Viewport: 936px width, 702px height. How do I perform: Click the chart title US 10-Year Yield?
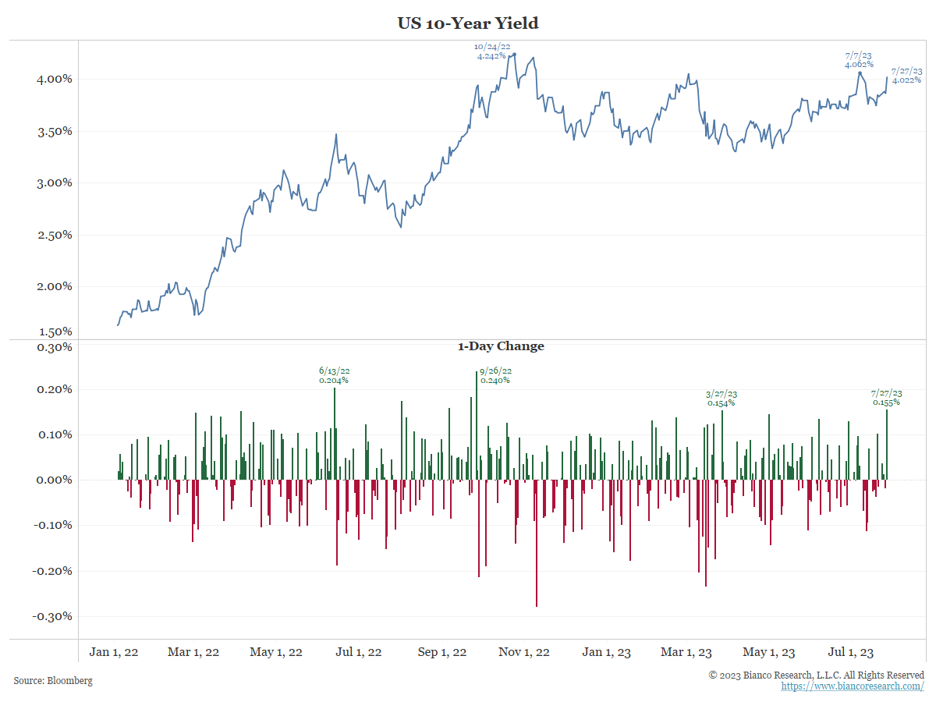[x=468, y=23]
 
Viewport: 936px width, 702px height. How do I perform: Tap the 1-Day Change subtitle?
[x=501, y=346]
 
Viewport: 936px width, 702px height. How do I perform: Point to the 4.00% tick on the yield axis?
[x=54, y=79]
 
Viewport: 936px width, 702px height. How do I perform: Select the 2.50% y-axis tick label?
[x=54, y=235]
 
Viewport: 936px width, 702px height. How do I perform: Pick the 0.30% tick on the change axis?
[x=54, y=347]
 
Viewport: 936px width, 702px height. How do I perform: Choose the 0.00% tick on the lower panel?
[x=54, y=480]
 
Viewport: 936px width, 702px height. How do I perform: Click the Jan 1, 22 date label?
[x=114, y=652]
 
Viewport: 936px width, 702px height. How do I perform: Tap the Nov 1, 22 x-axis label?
[x=524, y=652]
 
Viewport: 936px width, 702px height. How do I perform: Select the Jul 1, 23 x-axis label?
[x=851, y=652]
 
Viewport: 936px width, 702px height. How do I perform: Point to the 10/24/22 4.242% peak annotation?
[x=493, y=51]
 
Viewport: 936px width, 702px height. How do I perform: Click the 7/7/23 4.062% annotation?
[x=859, y=60]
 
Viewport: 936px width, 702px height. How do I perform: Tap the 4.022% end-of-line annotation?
[x=906, y=75]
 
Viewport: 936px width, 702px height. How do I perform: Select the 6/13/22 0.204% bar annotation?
[x=334, y=375]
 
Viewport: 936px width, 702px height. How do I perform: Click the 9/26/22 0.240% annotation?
[x=496, y=375]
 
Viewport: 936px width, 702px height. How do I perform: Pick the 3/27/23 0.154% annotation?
[x=721, y=399]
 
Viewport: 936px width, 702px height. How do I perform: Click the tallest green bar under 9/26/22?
[x=477, y=425]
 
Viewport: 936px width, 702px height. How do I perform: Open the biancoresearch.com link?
[x=853, y=686]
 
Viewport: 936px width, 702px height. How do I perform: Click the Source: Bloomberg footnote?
[x=53, y=681]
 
